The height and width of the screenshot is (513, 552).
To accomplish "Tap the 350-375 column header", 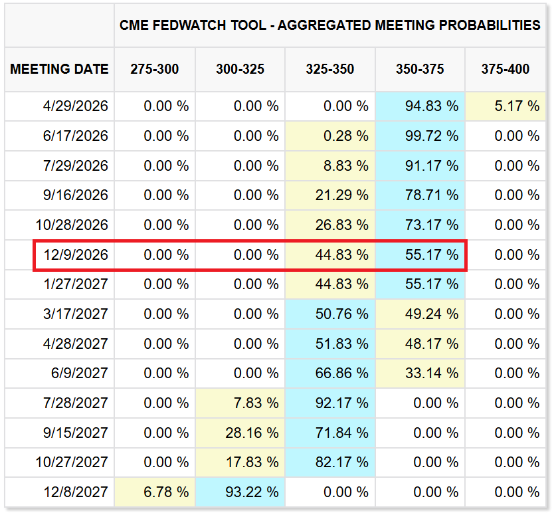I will click(x=420, y=69).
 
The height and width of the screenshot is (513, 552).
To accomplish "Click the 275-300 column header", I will click(x=155, y=69).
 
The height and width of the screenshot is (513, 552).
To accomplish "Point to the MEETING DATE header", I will click(x=60, y=69).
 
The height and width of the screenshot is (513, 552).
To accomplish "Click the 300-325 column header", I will click(x=240, y=69).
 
